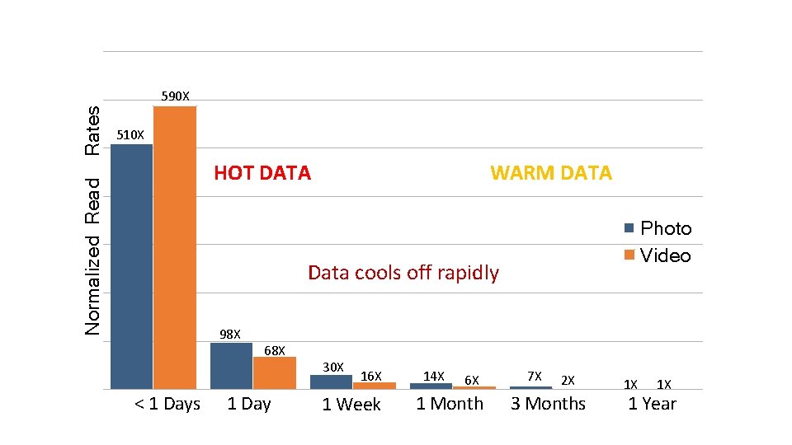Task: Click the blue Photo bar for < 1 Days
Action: (x=132, y=266)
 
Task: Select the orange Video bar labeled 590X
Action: (x=175, y=247)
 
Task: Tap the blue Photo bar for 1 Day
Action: (x=232, y=365)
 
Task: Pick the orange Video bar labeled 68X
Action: (x=274, y=372)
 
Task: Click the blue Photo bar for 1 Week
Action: (x=331, y=382)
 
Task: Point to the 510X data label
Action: (x=130, y=134)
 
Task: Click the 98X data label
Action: (x=230, y=335)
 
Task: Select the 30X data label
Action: (x=332, y=366)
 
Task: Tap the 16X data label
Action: (x=371, y=377)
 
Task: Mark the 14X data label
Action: (x=434, y=377)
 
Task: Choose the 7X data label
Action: (x=534, y=377)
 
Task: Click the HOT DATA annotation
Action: (x=262, y=173)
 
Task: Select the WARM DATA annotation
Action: (x=551, y=173)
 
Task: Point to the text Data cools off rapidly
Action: (x=403, y=273)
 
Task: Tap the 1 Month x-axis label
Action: (x=450, y=404)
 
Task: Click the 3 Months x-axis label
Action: (x=548, y=404)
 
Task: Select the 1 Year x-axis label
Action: (x=652, y=404)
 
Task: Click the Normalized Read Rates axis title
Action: (x=93, y=220)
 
